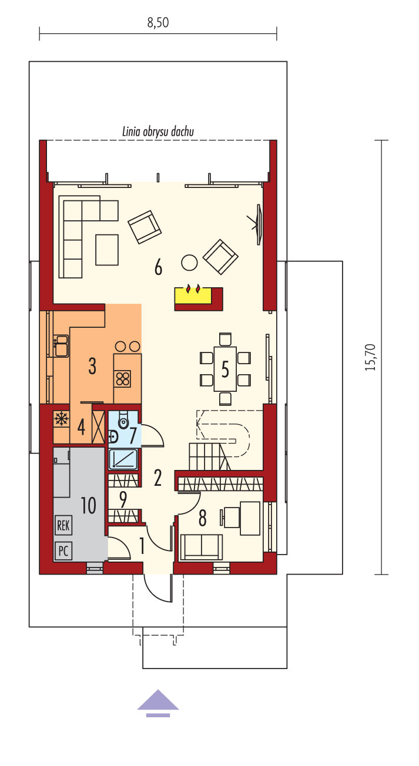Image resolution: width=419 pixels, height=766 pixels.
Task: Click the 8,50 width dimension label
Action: point(158,22)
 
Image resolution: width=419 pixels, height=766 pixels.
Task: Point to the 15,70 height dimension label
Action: point(370,357)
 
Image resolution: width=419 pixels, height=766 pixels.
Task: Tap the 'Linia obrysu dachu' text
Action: point(158,132)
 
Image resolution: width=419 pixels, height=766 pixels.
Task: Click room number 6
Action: point(158,267)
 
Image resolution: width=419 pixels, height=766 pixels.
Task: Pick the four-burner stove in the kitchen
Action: point(122,379)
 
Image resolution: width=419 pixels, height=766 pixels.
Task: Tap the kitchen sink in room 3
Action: point(62,346)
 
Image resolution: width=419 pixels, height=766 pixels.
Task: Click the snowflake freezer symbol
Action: point(61,419)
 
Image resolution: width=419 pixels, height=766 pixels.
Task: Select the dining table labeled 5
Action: point(225,369)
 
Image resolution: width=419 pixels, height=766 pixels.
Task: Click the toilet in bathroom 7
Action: point(122,420)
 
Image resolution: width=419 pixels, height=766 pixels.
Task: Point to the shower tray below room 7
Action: point(123,459)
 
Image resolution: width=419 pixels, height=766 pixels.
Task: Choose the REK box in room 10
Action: point(63,525)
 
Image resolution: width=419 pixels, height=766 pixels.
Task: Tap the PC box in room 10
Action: point(63,551)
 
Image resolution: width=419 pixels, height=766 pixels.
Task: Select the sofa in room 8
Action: point(201,547)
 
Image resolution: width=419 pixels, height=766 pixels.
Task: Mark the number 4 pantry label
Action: point(82,427)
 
